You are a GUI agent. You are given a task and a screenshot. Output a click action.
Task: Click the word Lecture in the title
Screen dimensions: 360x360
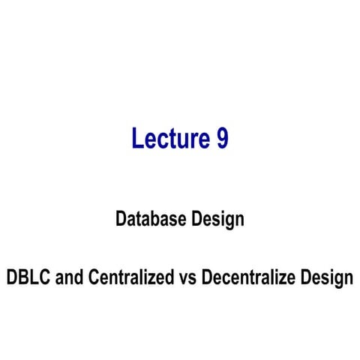pos(166,139)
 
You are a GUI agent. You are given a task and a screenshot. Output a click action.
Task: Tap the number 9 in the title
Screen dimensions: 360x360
pos(221,139)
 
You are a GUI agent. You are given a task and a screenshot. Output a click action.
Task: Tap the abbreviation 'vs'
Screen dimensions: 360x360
pos(189,278)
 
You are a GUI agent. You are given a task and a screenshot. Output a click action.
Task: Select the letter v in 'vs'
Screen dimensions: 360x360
pos(184,279)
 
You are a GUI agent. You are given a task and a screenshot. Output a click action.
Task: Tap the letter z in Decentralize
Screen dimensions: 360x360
pos(286,279)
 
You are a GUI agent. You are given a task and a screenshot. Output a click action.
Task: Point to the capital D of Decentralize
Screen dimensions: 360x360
pos(209,277)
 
